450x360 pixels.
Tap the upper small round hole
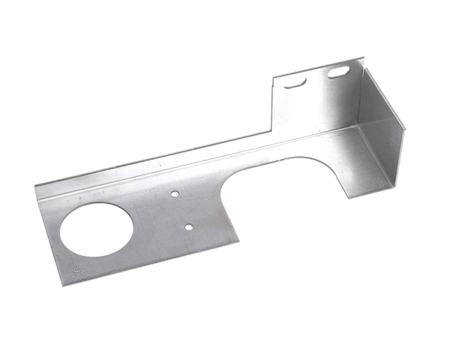tap(174, 194)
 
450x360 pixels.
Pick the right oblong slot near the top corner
tap(337, 73)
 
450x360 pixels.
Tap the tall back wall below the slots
tap(315, 109)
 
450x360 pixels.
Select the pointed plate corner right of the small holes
tap(238, 241)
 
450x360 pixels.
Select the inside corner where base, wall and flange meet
tap(358, 127)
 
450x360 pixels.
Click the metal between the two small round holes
tap(182, 209)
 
